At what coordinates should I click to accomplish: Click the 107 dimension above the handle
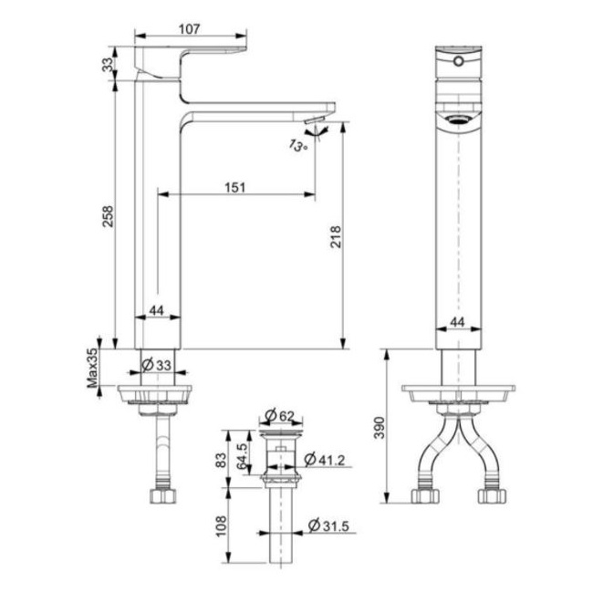[189, 28]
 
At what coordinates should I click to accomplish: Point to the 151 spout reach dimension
[235, 187]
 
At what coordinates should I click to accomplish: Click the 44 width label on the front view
[457, 323]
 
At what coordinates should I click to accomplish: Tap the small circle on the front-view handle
[456, 63]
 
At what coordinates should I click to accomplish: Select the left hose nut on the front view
[423, 497]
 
